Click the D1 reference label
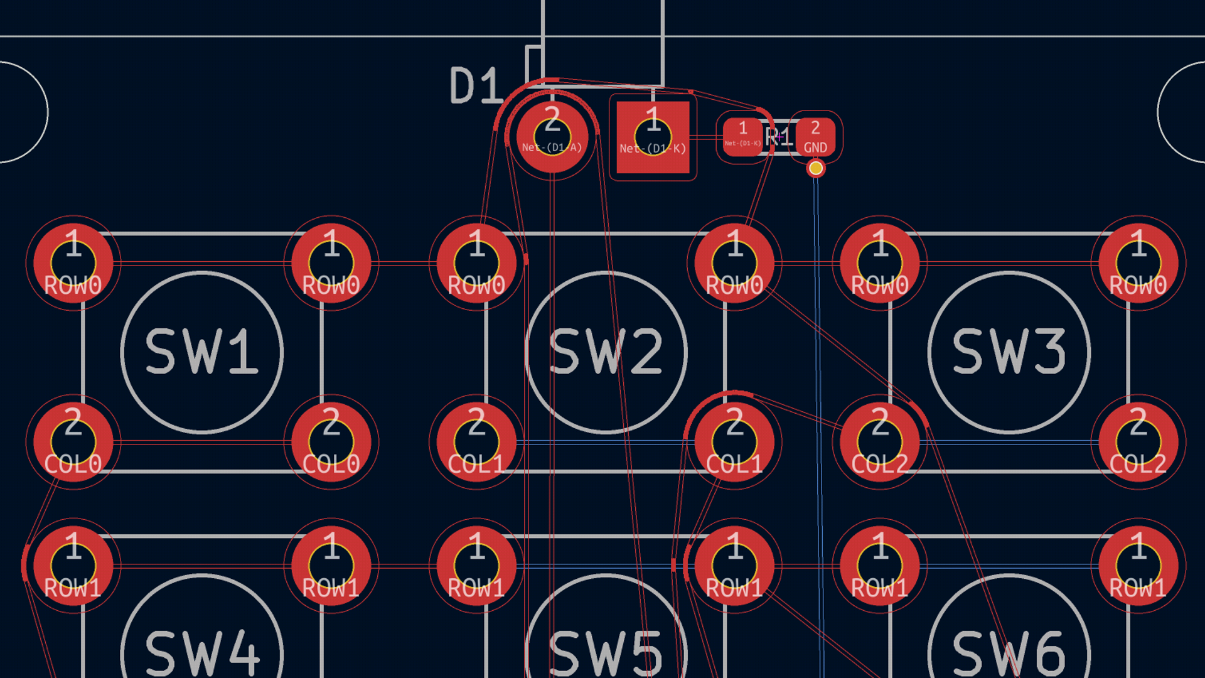tap(475, 86)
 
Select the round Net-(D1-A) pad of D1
tap(552, 137)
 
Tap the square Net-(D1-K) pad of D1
tap(653, 137)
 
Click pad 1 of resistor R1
tap(742, 136)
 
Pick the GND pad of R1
tap(815, 136)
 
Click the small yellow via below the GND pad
tap(816, 168)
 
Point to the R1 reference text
tap(779, 136)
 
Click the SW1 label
tap(201, 352)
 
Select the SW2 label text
tap(606, 352)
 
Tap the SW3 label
tap(1009, 352)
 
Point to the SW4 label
tap(201, 653)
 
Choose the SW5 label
tap(606, 653)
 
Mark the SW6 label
tap(1009, 653)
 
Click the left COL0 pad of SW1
tap(73, 442)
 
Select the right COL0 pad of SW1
tap(331, 442)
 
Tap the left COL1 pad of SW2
tap(476, 442)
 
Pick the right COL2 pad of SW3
tap(1138, 442)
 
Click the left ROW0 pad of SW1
tap(73, 263)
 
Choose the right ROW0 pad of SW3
tap(1138, 263)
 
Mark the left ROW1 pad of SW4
tap(73, 566)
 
